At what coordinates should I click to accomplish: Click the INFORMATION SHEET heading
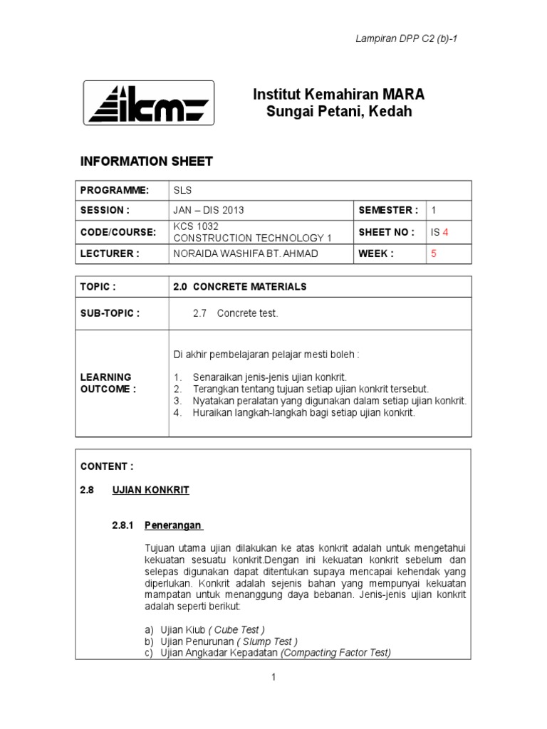pos(146,162)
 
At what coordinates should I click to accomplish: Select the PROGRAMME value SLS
pos(183,190)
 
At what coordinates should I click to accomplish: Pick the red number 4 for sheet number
pos(445,232)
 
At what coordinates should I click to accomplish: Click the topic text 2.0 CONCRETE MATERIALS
pos(240,286)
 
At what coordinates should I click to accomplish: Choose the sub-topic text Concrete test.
pos(247,313)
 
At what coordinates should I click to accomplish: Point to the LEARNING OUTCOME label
pos(106,382)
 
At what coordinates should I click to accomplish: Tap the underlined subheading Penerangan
pos(173,526)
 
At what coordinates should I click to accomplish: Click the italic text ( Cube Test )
pos(236,629)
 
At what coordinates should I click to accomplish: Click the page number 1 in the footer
pos(273,678)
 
